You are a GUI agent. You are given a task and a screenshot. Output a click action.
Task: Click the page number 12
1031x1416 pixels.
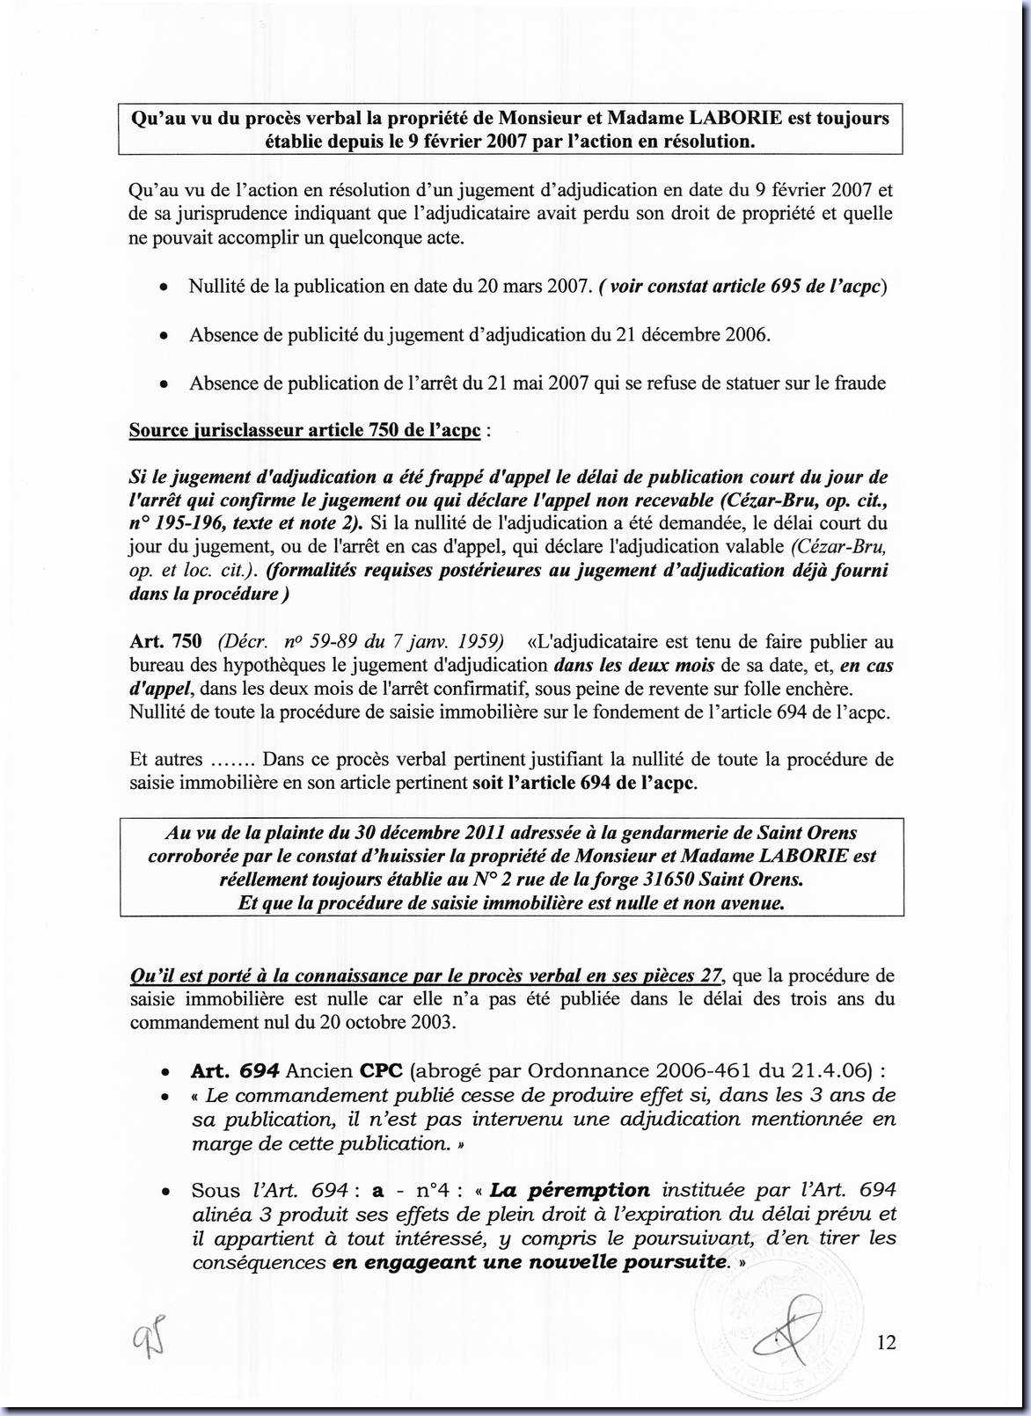click(886, 1342)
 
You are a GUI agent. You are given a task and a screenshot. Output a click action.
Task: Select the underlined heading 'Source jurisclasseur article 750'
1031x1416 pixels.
click(304, 430)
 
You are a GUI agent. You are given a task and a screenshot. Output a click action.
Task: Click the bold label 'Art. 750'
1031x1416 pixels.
click(165, 642)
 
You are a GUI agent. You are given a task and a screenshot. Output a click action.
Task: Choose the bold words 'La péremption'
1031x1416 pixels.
click(569, 1191)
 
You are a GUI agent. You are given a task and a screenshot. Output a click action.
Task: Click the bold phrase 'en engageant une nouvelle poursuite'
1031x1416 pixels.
click(530, 1263)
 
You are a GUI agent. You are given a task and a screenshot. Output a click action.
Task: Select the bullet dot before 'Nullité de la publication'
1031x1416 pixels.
click(164, 288)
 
